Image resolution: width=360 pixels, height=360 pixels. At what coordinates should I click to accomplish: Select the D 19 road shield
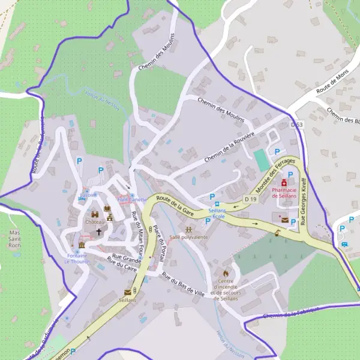pos(251,199)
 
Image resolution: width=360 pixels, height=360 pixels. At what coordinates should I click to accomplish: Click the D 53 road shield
pos(296,124)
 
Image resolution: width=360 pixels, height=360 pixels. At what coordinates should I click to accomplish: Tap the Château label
pos(95,222)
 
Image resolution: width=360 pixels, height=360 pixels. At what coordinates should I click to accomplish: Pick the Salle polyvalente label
pos(188,238)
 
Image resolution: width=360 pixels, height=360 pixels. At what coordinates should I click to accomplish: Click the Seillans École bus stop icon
pos(217,206)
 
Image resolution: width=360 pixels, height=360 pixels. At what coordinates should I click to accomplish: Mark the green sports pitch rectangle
pos(260,160)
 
